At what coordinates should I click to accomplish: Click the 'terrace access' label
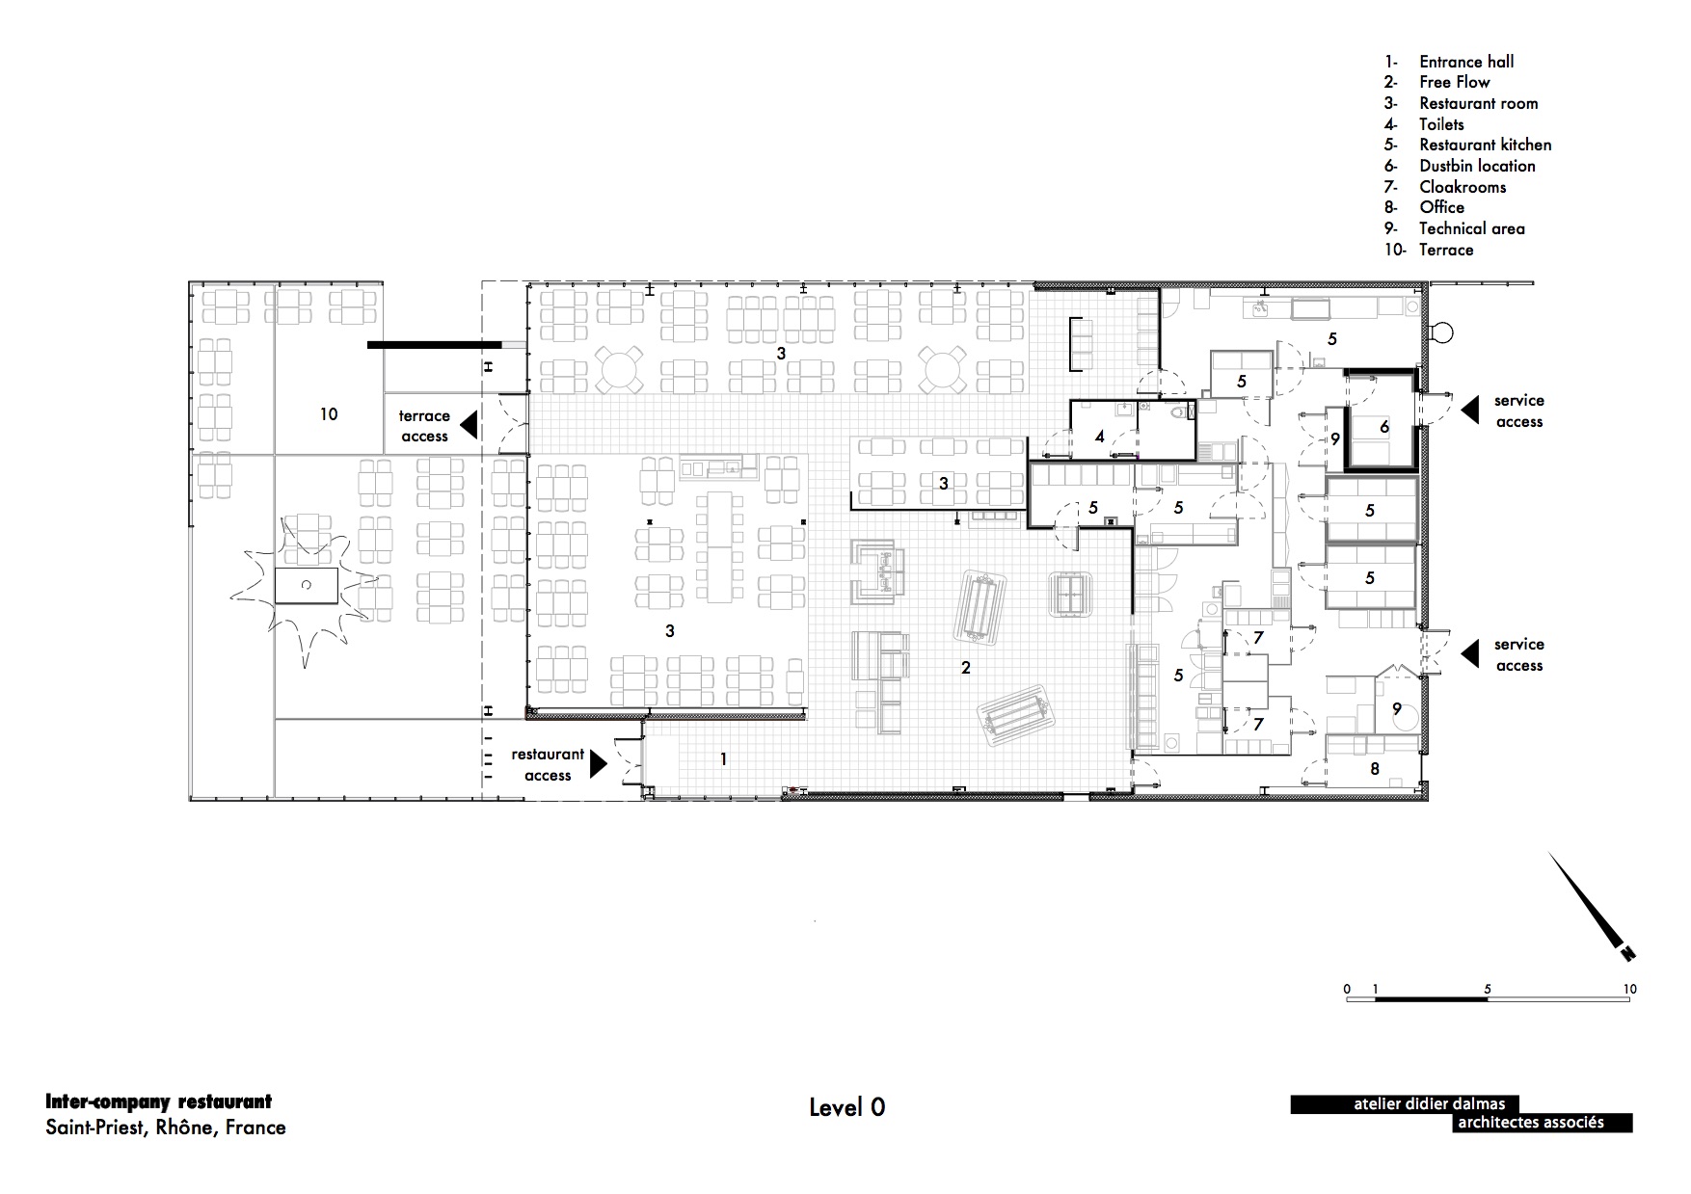424,426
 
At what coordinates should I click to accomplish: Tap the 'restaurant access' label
548,765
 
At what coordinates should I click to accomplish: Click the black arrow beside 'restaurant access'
599,763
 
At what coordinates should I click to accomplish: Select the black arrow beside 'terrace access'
469,425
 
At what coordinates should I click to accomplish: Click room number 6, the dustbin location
1384,427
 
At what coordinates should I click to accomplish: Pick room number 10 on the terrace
329,413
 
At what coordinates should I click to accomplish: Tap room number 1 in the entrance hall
724,759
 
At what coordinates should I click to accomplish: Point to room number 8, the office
1375,768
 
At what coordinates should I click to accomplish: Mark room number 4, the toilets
1099,437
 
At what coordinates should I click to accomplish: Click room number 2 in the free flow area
965,667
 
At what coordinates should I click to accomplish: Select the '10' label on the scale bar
1629,989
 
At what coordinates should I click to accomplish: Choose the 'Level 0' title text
847,1108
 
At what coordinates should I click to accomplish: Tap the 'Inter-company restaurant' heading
159,1101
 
